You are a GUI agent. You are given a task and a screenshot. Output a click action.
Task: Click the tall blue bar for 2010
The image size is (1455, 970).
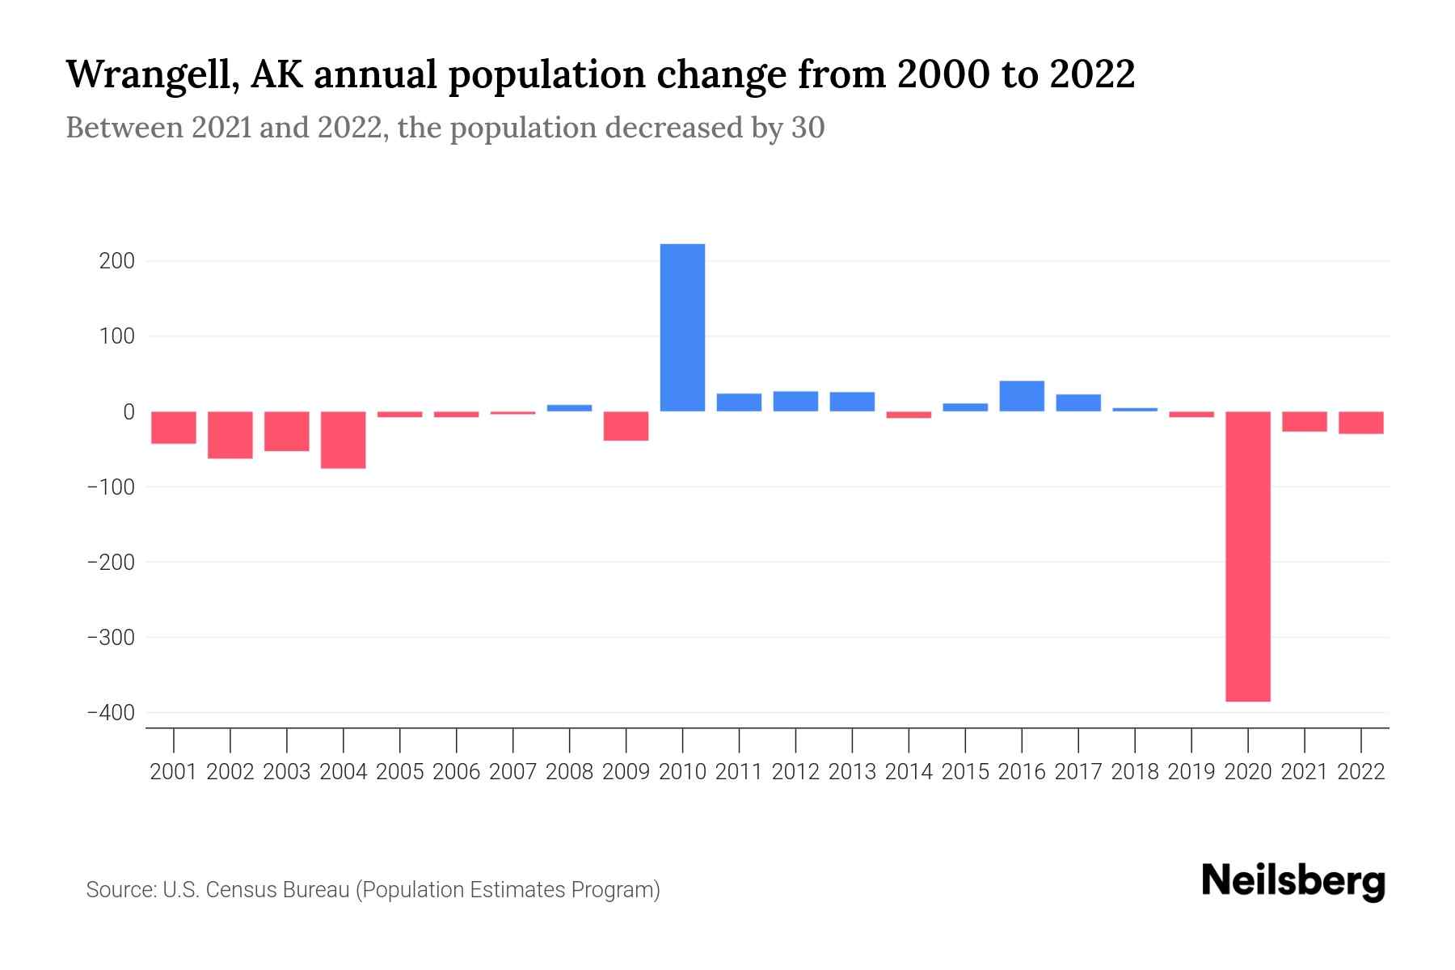[682, 327]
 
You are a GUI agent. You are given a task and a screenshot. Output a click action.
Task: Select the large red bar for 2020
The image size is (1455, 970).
[1247, 556]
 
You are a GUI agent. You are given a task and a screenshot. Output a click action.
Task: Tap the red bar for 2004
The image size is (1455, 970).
[344, 440]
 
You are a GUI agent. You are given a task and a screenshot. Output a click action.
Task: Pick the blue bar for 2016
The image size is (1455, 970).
[1022, 396]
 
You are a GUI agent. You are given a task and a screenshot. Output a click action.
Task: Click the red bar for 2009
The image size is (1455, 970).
[626, 426]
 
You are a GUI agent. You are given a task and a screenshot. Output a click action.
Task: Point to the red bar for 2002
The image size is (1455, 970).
[230, 435]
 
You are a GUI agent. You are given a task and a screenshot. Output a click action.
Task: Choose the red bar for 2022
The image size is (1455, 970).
[1360, 423]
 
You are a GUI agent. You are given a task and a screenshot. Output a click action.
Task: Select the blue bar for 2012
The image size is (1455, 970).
[795, 402]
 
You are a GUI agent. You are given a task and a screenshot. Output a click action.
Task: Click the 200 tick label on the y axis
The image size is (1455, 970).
[118, 261]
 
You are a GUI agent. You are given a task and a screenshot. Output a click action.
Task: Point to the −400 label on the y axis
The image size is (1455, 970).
[111, 712]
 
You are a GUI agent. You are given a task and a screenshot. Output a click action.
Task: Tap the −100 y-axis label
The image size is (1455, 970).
[111, 487]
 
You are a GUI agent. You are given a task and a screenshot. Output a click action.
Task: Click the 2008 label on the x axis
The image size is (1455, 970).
[569, 772]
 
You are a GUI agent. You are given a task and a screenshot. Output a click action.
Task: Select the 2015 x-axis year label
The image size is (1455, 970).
[965, 772]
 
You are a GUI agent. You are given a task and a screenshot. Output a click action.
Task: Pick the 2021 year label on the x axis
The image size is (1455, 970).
[1304, 772]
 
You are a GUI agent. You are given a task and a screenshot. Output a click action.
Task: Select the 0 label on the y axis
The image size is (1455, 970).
[129, 411]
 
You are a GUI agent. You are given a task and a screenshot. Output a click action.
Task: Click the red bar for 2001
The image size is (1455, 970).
[174, 428]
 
